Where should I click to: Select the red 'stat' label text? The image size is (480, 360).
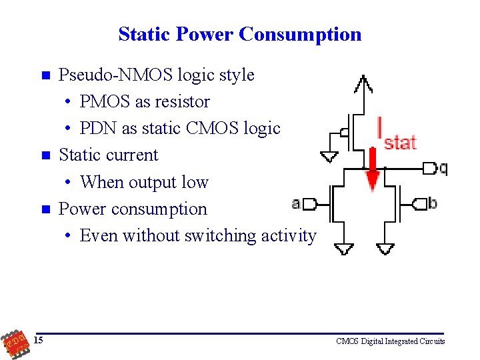pos(400,142)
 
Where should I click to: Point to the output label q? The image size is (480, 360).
pos(443,168)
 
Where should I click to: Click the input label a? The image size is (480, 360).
pos(295,203)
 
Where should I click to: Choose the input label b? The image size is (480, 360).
pos(433,203)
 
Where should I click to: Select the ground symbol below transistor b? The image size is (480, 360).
pos(385,249)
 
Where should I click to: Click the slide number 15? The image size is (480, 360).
pos(39,341)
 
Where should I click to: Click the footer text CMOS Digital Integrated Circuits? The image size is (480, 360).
pos(391,341)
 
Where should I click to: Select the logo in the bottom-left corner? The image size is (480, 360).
pos(13,342)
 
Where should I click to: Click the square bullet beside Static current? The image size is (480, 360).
pos(45,155)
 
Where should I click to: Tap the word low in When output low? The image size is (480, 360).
pos(195,182)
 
